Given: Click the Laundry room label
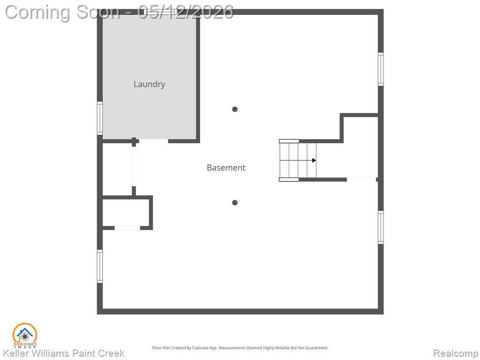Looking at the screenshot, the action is coord(150,84).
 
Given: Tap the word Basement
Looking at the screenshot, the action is coord(226,167).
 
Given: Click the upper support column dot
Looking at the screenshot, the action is coord(235,109).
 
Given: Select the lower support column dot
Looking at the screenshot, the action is coord(235,202).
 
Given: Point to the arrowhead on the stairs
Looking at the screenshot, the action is coord(314,160).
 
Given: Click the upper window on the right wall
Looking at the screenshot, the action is coord(381,69).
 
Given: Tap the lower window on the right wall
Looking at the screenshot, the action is coord(381,227).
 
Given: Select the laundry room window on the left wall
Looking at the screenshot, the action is coord(100,118).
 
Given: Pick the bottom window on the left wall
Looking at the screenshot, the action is coord(100,266).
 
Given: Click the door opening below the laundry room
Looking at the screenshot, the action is coord(153,141).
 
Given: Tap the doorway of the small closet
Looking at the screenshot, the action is coord(127,228).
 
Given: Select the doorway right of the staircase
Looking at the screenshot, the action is coord(361,180).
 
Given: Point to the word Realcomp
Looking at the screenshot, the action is coord(456,353).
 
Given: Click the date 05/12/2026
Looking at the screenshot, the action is coord(186,12).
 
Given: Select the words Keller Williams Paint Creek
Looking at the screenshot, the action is coord(64,353).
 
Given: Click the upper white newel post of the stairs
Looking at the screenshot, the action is coord(289,141).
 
